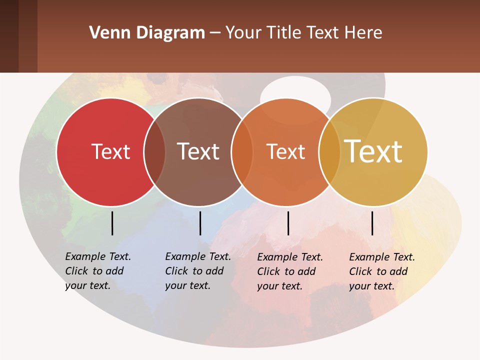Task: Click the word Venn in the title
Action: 104,33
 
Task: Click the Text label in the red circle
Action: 110,151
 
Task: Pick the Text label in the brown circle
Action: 198,151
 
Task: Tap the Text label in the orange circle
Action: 285,151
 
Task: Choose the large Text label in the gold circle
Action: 373,151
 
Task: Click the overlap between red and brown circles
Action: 154,152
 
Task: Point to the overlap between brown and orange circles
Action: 242,152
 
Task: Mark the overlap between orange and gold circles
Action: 329,152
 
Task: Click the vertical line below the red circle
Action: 112,223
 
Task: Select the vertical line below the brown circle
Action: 200,223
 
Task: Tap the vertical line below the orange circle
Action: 288,223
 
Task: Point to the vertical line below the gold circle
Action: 372,223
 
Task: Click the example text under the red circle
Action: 97,271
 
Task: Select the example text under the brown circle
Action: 197,271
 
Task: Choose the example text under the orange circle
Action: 289,271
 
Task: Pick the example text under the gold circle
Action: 381,271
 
